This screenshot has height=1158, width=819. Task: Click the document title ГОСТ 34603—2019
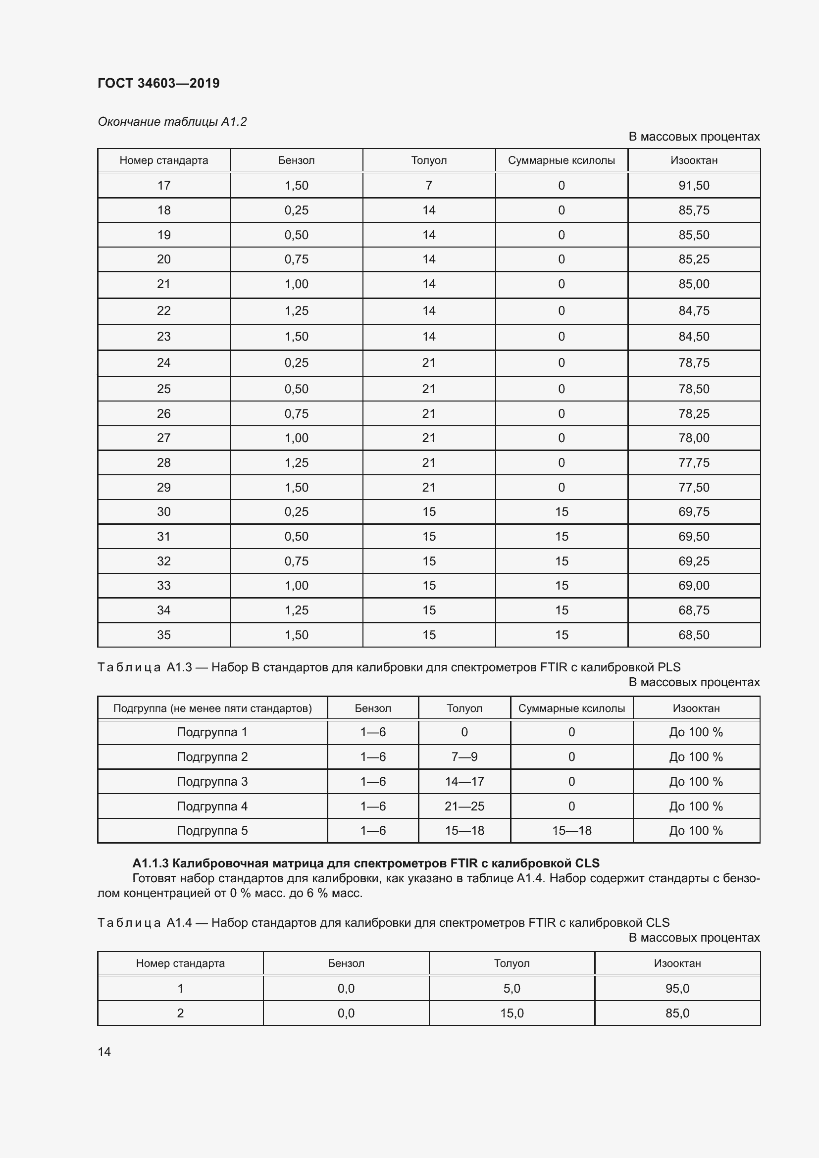pyautogui.click(x=158, y=83)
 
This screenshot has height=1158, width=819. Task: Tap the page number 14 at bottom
pyautogui.click(x=104, y=1052)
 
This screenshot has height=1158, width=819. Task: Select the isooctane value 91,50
pyautogui.click(x=693, y=186)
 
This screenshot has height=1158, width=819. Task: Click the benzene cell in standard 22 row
pyautogui.click(x=296, y=311)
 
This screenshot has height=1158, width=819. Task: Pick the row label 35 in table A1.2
pyautogui.click(x=163, y=635)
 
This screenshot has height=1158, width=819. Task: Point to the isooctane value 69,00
pyautogui.click(x=693, y=586)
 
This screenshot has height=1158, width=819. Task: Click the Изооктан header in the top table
pyautogui.click(x=693, y=160)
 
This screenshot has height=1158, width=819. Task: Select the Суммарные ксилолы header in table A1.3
pyautogui.click(x=571, y=708)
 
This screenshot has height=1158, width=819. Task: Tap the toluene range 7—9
pyautogui.click(x=464, y=756)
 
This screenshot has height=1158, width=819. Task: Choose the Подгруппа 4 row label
pyautogui.click(x=212, y=806)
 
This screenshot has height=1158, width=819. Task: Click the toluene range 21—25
pyautogui.click(x=464, y=806)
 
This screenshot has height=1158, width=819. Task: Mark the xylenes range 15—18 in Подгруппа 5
pyautogui.click(x=571, y=830)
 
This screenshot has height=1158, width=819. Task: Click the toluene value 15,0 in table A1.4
pyautogui.click(x=512, y=1013)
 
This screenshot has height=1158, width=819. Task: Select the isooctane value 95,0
pyautogui.click(x=677, y=988)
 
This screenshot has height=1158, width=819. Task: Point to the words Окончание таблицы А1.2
pyautogui.click(x=172, y=122)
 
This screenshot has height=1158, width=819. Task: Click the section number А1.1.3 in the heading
pyautogui.click(x=150, y=863)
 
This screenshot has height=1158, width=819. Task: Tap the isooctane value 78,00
pyautogui.click(x=693, y=438)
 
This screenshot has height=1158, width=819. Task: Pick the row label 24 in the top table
pyautogui.click(x=163, y=362)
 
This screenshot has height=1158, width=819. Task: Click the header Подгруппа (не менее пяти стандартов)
pyautogui.click(x=212, y=708)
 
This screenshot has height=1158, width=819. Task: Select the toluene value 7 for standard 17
pyautogui.click(x=429, y=186)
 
